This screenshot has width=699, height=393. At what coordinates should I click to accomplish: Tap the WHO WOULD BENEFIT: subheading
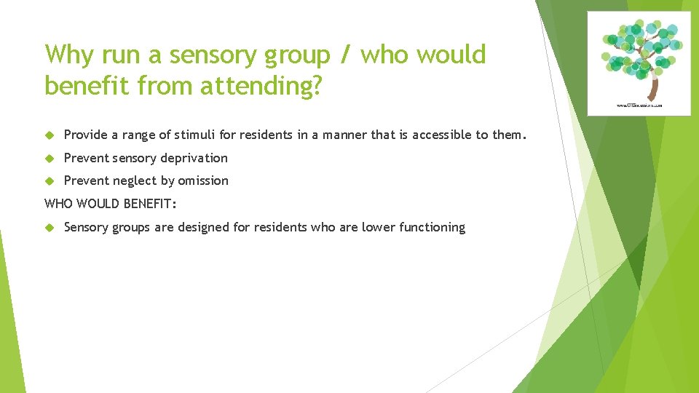click(111, 203)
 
